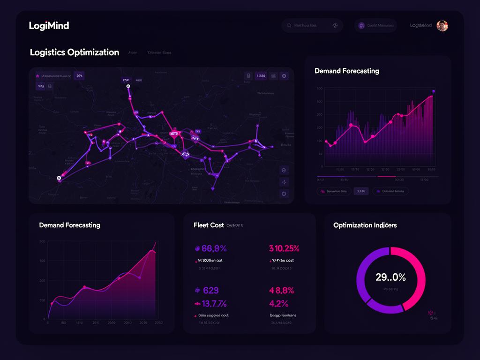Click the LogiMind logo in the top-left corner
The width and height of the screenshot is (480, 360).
[49, 26]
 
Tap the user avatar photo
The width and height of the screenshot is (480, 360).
[442, 26]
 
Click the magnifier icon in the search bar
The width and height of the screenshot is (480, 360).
[335, 26]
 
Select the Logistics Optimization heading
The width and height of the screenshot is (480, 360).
[75, 52]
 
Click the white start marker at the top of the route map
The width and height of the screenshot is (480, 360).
[127, 86]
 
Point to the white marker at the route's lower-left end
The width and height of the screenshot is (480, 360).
[59, 178]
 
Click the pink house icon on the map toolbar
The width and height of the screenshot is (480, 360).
[37, 75]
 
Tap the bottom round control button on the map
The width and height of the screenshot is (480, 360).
[284, 193]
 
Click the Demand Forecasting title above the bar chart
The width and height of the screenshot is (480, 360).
[347, 71]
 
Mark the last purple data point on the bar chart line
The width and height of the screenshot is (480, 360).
[434, 91]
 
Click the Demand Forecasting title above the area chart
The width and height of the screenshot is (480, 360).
[69, 225]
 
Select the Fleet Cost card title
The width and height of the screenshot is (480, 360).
[209, 225]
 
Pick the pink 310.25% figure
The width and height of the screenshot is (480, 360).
[284, 248]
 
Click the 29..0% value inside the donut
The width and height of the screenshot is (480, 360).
[390, 277]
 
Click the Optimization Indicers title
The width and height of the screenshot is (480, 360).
[365, 225]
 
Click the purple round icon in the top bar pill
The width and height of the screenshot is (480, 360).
[361, 26]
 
